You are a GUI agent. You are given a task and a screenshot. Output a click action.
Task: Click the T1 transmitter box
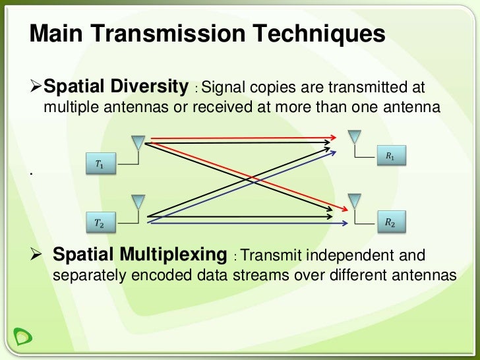[x=100, y=164]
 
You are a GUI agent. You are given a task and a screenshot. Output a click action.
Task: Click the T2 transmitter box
[x=100, y=224]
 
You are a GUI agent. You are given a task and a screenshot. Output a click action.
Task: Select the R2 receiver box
[x=390, y=223]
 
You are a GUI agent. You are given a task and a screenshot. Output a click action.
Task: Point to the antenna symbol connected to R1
[x=354, y=136]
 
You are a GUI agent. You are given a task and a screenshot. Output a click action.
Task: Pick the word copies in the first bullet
[x=269, y=88]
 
